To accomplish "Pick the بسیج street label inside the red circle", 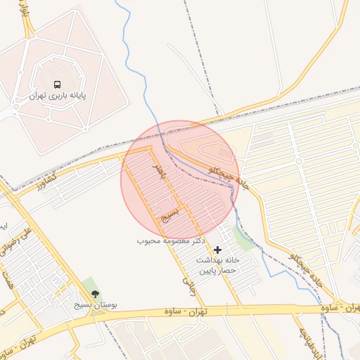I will [171, 214].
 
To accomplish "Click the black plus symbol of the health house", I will [217, 250].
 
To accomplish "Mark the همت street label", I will [9, 279].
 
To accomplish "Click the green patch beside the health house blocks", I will [244, 238].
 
